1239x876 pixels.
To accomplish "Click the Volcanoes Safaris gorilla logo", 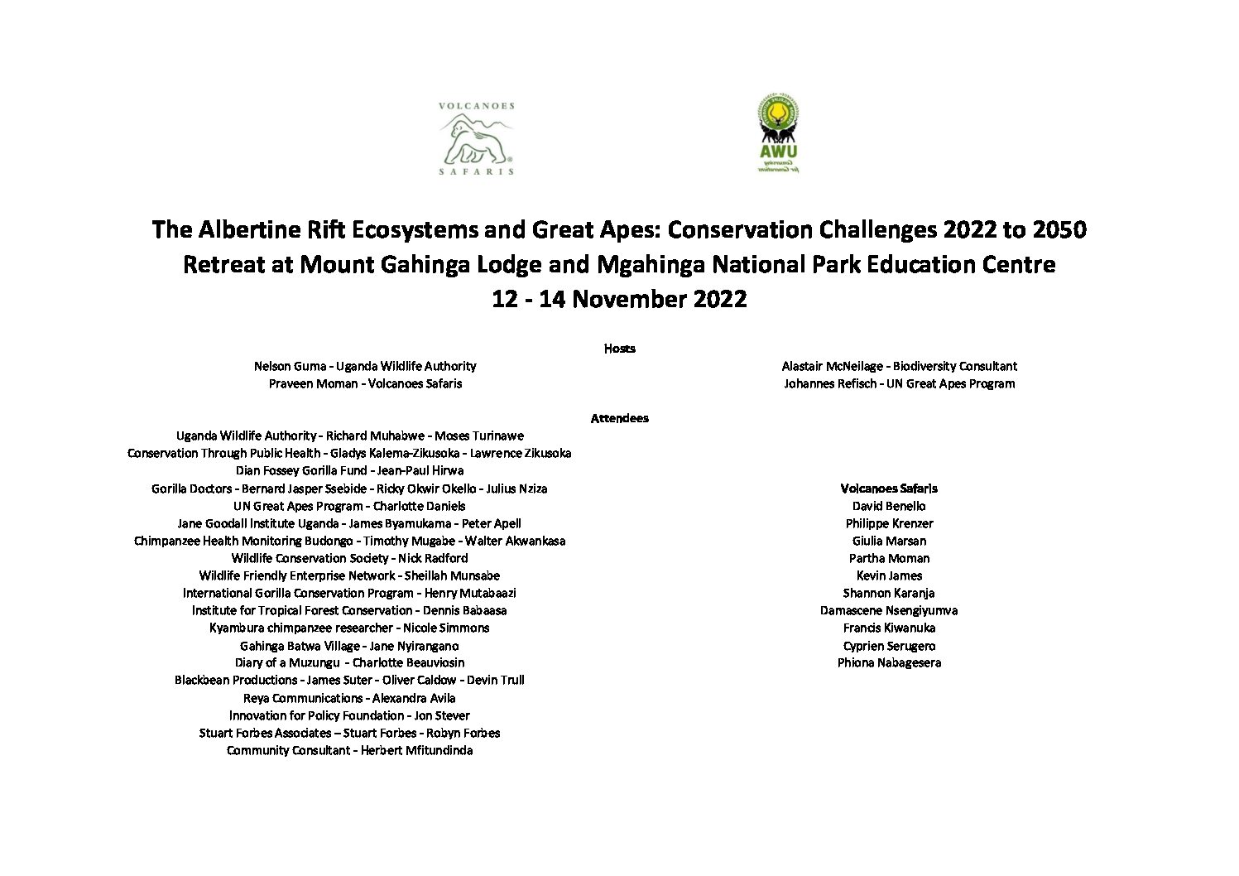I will [476, 139].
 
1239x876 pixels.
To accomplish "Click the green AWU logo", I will [778, 134].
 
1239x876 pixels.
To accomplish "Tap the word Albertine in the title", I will [266, 229].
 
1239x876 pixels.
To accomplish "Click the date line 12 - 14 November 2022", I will [619, 299].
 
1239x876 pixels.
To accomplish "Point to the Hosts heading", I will [619, 349].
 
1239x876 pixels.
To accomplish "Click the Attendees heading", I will [619, 418].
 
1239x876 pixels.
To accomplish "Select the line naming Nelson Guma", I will [365, 366].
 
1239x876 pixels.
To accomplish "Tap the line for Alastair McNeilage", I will [899, 366].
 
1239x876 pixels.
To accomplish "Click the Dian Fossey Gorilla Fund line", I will [349, 470].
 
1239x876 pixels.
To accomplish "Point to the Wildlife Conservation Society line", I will [349, 558].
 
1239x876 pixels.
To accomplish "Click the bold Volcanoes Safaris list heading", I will [889, 489].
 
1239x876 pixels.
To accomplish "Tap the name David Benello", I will [889, 506].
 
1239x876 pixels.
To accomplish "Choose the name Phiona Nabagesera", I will [889, 662].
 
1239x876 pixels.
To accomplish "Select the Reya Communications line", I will [349, 698].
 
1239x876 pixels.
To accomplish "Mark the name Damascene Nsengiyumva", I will [889, 610].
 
